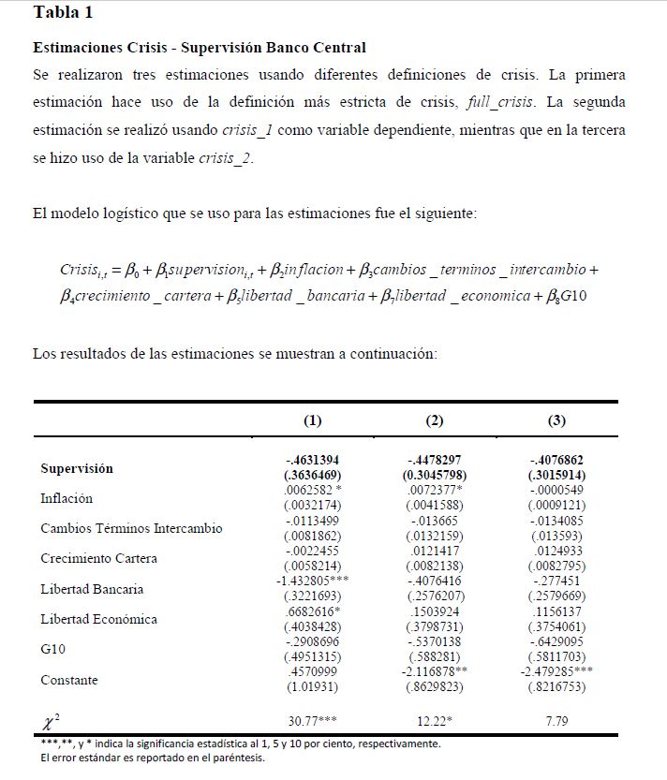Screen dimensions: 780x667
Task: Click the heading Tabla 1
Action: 63,13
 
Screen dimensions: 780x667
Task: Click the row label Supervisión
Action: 77,468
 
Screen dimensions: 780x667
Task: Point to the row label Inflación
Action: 67,498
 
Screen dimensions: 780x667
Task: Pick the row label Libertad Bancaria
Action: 92,589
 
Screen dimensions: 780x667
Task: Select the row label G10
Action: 53,649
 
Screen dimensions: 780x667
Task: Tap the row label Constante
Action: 69,680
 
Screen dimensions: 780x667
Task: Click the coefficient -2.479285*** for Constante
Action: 556,671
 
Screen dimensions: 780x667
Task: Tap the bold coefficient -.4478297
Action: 433,460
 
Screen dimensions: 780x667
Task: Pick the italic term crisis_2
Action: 226,158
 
